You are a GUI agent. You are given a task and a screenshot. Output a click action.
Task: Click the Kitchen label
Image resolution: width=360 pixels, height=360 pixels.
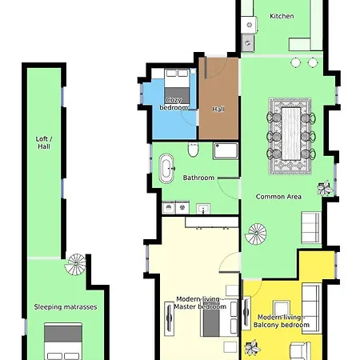pyautogui.click(x=282, y=16)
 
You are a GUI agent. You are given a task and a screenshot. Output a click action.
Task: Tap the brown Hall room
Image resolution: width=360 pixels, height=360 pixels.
pyautogui.click(x=218, y=100)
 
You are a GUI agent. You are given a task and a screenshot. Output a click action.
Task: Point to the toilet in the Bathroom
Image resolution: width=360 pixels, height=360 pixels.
pyautogui.click(x=194, y=151)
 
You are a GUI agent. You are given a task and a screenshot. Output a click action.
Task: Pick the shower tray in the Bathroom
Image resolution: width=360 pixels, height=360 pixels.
pyautogui.click(x=225, y=152)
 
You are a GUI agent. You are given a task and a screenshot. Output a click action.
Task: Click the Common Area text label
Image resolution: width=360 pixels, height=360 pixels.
pyautogui.click(x=278, y=196)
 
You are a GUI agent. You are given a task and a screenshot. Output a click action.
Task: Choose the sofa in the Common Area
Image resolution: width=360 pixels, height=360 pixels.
pyautogui.click(x=310, y=226)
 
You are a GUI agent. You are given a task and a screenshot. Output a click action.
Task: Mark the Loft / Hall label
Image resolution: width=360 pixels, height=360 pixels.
pyautogui.click(x=43, y=142)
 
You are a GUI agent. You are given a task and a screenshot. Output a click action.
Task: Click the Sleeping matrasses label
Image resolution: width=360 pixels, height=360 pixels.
pyautogui.click(x=66, y=306)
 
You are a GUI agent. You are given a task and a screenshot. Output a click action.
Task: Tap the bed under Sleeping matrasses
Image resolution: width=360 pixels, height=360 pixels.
pyautogui.click(x=63, y=342)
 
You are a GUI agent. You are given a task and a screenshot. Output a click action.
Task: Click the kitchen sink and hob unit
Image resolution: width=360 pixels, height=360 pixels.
pyautogui.click(x=249, y=30)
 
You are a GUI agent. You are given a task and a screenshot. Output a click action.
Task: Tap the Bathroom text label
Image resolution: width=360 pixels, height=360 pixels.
pyautogui.click(x=198, y=178)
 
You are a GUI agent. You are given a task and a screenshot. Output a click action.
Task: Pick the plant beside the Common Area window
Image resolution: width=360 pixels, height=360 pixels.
pyautogui.click(x=325, y=190)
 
